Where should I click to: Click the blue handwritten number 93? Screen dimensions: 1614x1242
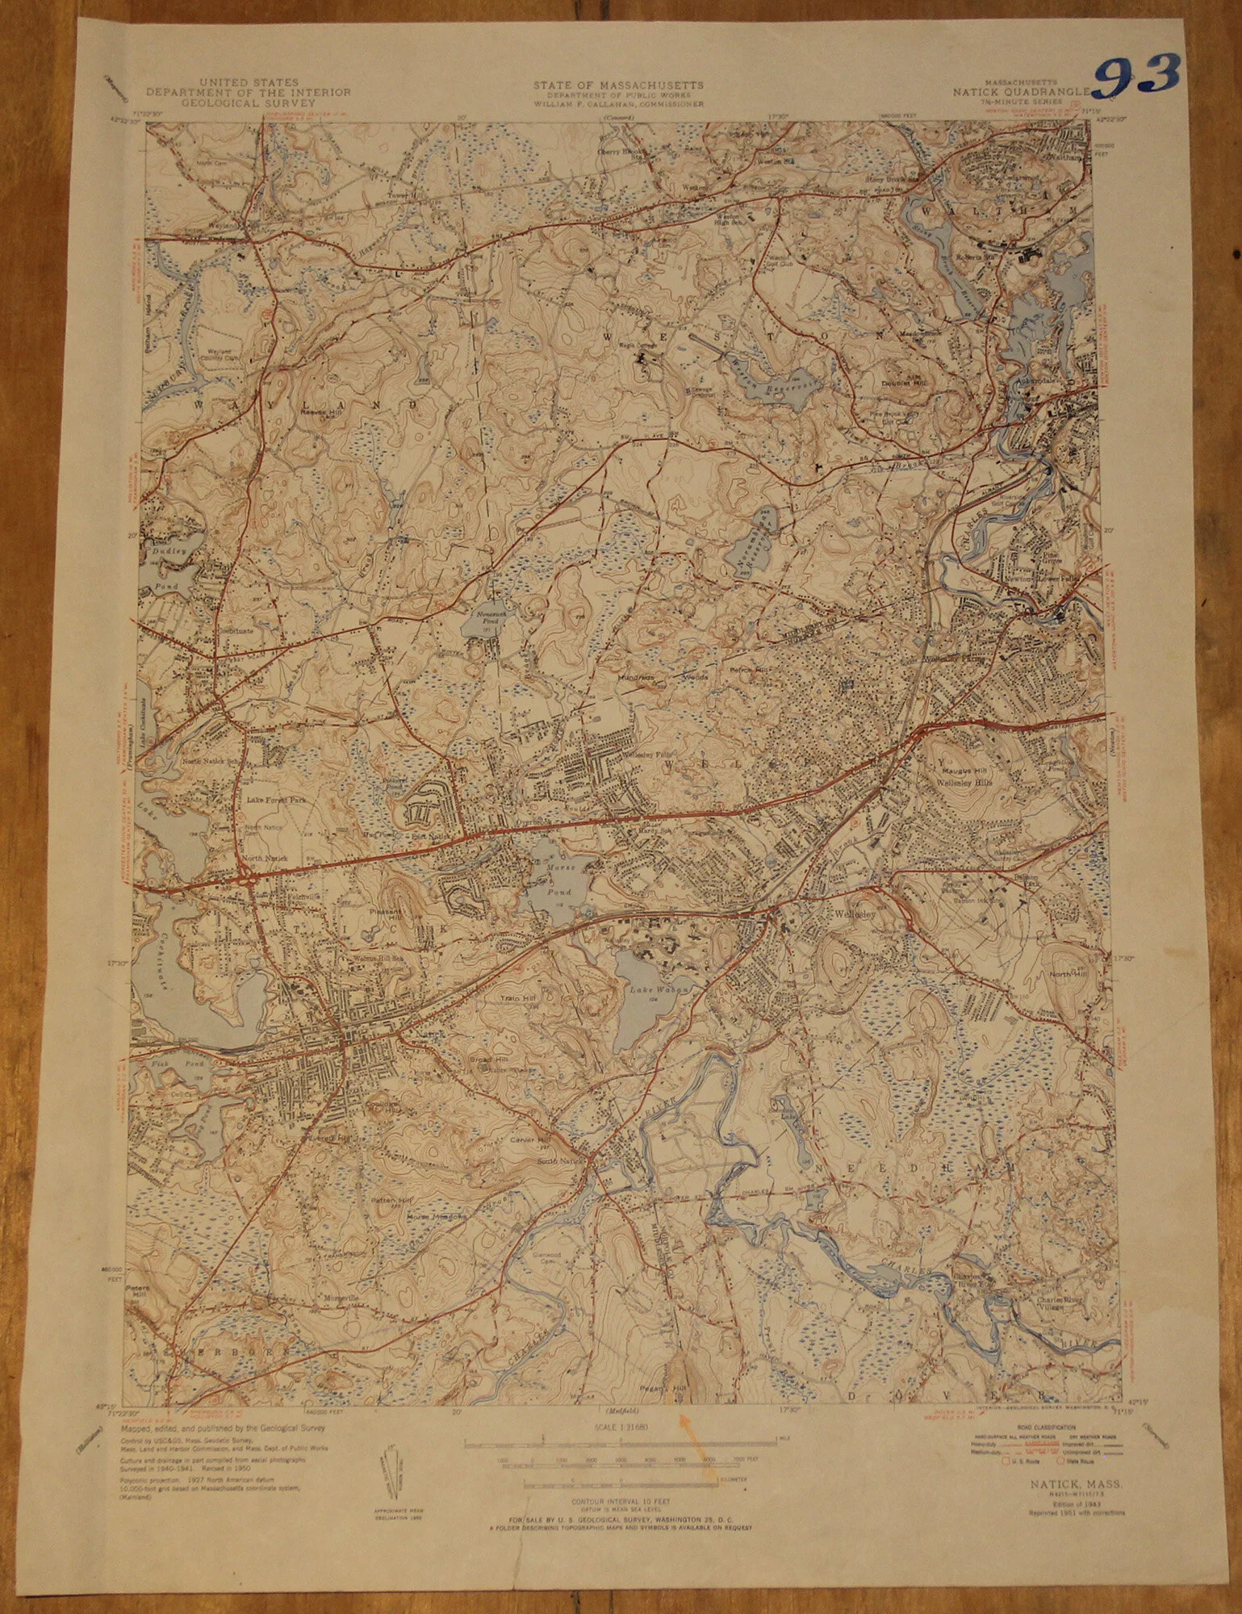pos(1138,77)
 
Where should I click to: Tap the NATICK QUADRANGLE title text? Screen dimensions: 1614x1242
pos(1021,92)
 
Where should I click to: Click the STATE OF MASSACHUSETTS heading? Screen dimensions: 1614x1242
pos(617,85)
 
